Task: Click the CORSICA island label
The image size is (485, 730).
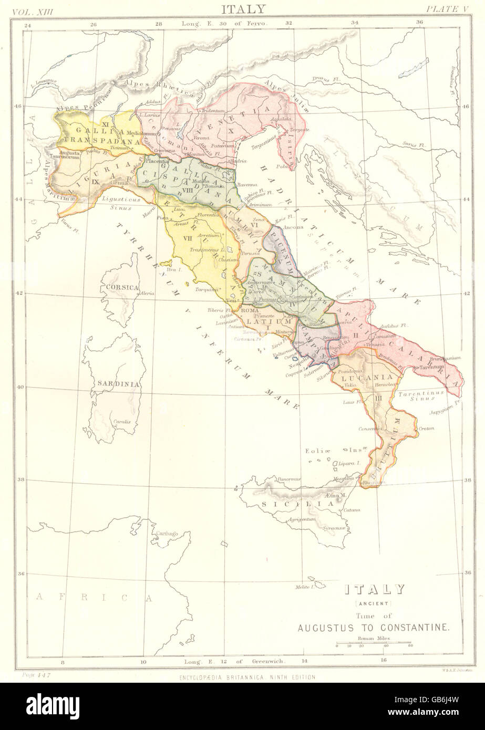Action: pyautogui.click(x=122, y=287)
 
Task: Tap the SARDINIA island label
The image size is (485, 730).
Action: pyautogui.click(x=125, y=383)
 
